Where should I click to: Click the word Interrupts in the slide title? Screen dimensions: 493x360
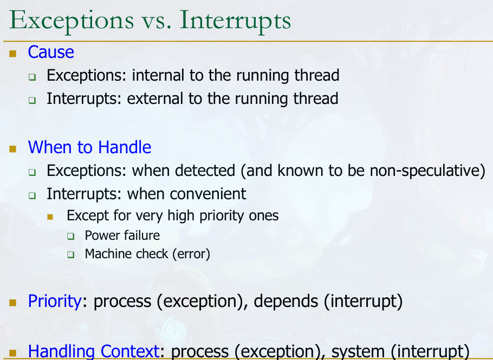click(x=235, y=21)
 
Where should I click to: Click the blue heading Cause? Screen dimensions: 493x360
click(x=51, y=52)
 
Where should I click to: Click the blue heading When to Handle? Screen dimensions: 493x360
click(x=89, y=147)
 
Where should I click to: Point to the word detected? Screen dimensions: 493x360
click(x=205, y=171)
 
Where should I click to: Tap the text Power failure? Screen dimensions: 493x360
click(x=122, y=235)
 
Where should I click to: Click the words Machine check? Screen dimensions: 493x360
click(x=127, y=254)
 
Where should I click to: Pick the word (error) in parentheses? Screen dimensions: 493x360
click(x=191, y=254)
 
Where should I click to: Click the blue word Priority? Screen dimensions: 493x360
click(x=55, y=302)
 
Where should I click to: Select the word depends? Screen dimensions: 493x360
click(x=286, y=302)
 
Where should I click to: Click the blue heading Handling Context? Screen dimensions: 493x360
click(x=94, y=352)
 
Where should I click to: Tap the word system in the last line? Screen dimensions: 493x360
click(x=358, y=352)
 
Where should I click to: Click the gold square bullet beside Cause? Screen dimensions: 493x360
click(x=13, y=54)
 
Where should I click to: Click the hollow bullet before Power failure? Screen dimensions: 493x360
click(x=71, y=236)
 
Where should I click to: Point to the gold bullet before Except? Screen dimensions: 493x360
click(x=50, y=217)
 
